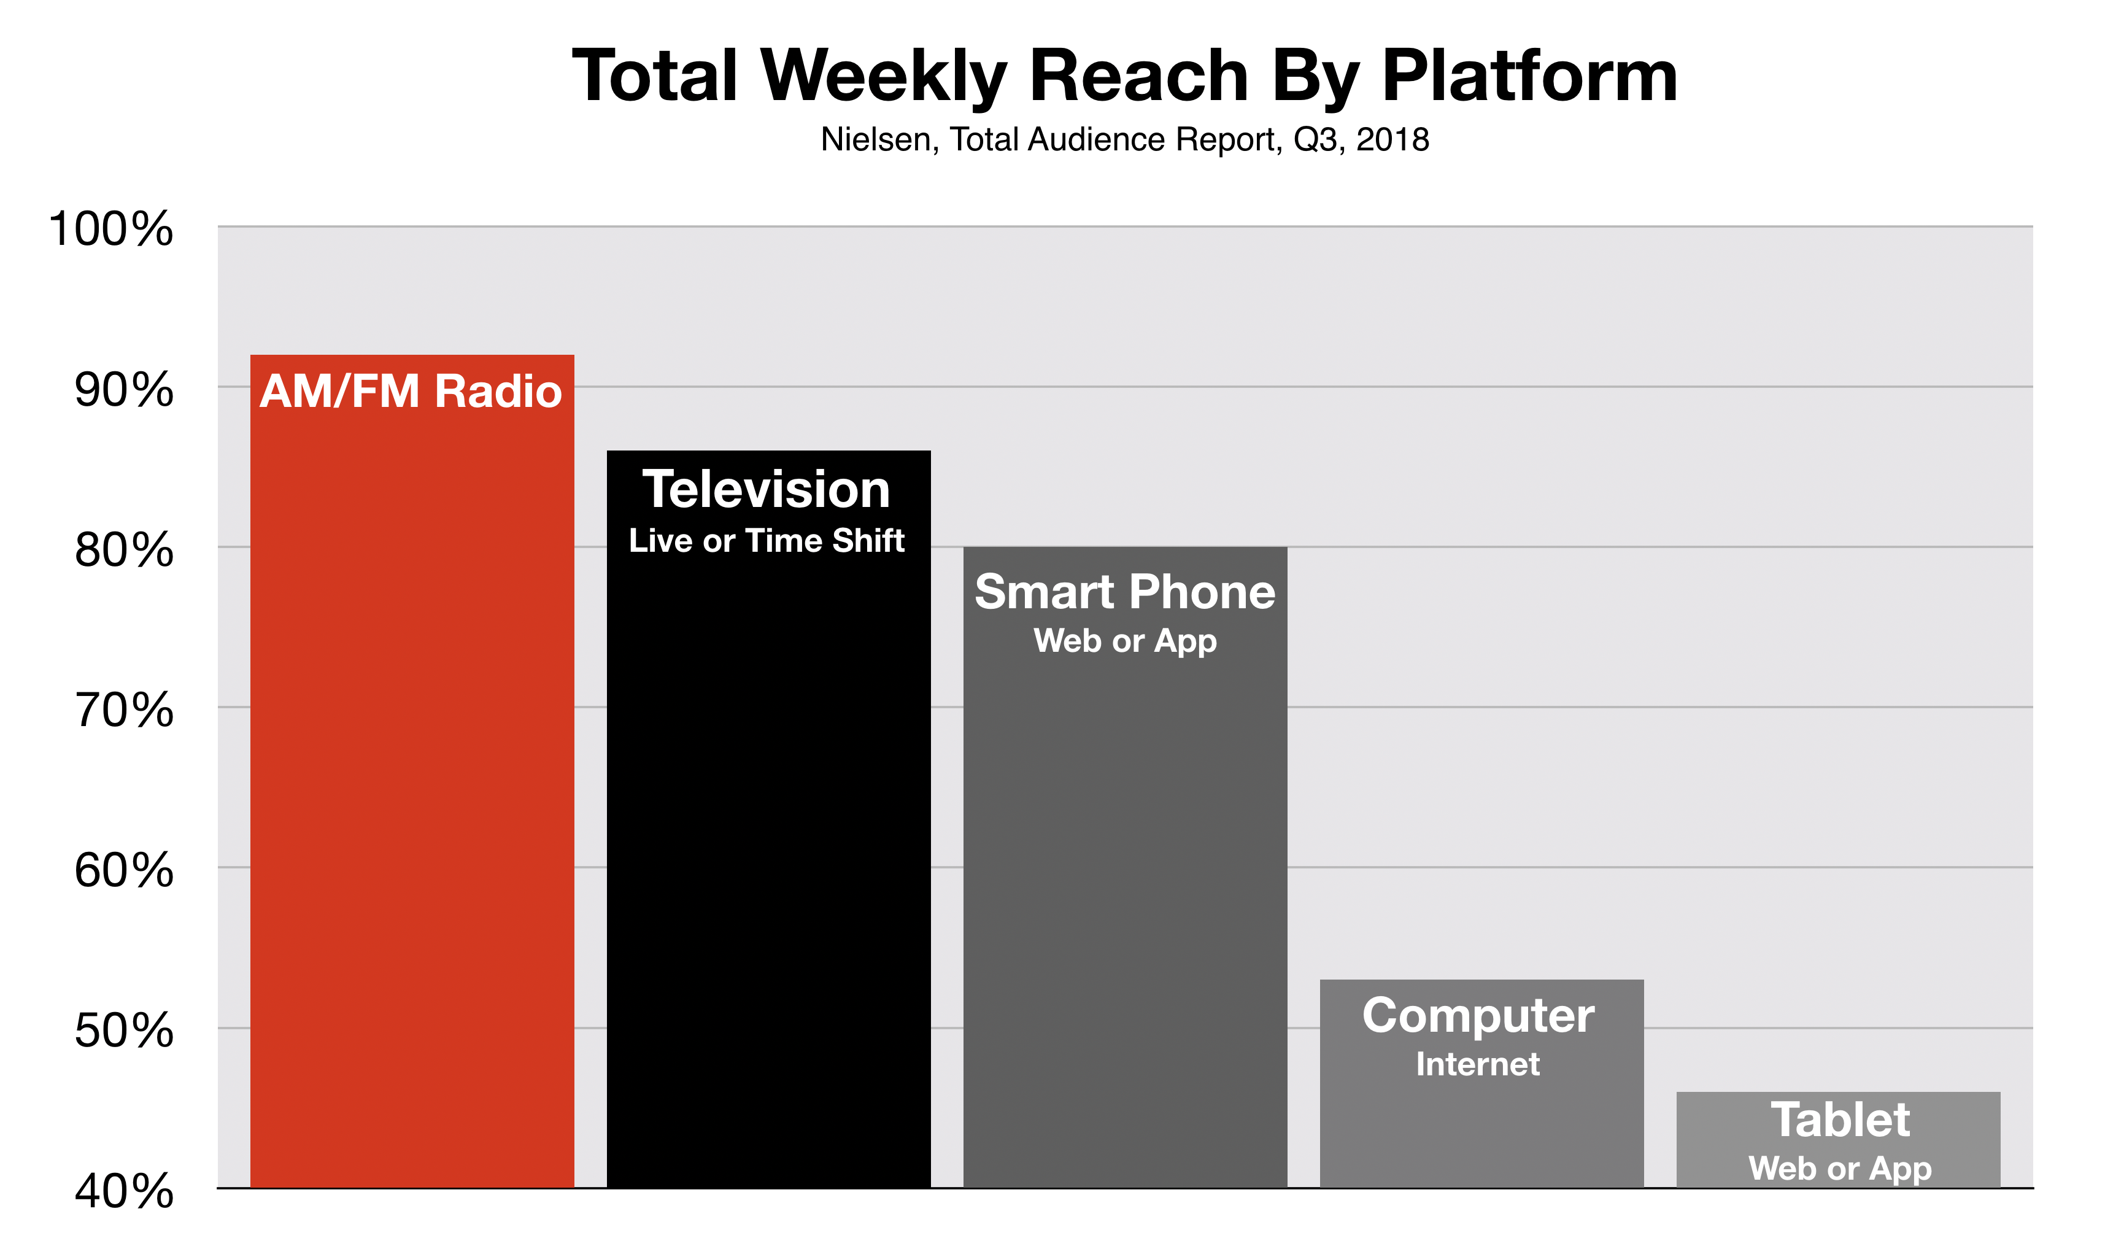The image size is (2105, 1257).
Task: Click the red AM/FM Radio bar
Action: click(x=412, y=771)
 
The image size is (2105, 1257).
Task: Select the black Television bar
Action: click(x=769, y=819)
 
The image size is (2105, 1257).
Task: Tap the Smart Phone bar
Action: click(x=1126, y=867)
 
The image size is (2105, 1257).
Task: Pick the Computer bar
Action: click(x=1482, y=1083)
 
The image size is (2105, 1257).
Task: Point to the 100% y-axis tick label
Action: click(x=112, y=229)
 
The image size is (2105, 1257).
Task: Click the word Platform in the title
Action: click(x=1530, y=76)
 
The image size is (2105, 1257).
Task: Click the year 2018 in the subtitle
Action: click(x=1393, y=140)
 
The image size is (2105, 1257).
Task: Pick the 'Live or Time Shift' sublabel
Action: click(x=767, y=540)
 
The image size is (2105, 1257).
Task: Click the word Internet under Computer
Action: click(x=1478, y=1064)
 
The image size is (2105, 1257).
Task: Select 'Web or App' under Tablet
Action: click(x=1840, y=1169)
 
